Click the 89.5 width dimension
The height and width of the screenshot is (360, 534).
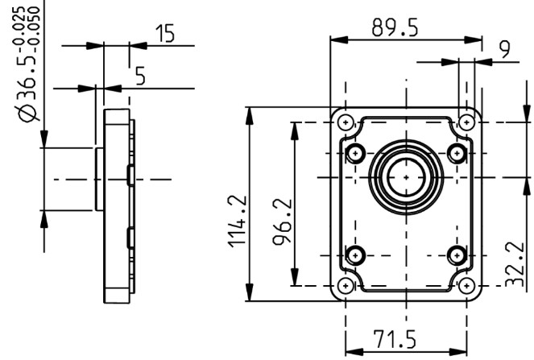(x=395, y=27)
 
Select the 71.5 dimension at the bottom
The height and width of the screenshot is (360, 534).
(x=395, y=339)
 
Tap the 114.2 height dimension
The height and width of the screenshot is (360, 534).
(x=237, y=221)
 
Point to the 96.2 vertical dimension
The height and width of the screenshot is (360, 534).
(x=283, y=221)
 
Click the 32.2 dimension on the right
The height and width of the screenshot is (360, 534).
(x=515, y=264)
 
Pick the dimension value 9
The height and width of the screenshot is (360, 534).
(x=505, y=49)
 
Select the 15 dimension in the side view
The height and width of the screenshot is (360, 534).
(x=165, y=33)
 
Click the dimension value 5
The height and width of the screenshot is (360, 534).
(x=140, y=76)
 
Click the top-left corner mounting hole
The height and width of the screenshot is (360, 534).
(x=346, y=122)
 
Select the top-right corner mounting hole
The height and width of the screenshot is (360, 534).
(x=466, y=122)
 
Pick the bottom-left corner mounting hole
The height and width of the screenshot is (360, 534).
(x=346, y=286)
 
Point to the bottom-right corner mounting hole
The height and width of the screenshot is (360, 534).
(x=466, y=286)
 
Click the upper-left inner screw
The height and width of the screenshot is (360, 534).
(x=355, y=153)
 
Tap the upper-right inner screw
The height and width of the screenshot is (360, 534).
(x=457, y=153)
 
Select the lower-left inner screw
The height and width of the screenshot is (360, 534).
(x=355, y=255)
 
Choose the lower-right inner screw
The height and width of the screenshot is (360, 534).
(x=457, y=255)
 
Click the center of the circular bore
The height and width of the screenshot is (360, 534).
(x=406, y=177)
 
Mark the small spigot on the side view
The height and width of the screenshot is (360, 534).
(x=99, y=179)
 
